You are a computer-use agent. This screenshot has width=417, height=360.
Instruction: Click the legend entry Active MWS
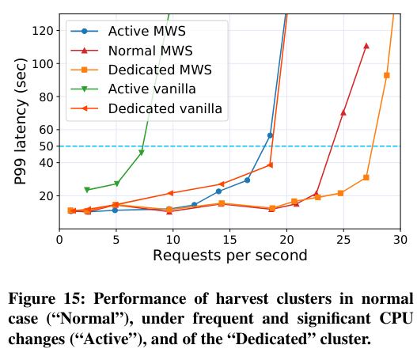tap(147, 31)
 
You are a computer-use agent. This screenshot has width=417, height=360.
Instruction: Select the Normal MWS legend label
tap(150, 51)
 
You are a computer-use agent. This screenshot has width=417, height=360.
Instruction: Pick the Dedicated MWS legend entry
tap(160, 70)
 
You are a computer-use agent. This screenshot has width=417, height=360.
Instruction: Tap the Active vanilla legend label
tap(152, 89)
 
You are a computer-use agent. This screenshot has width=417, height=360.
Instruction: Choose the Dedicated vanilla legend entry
tap(165, 108)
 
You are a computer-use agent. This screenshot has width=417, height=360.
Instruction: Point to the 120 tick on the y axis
tap(43, 31)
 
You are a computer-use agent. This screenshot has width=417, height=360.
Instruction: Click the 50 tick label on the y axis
tap(46, 146)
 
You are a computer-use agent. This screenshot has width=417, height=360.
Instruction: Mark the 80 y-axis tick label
tap(46, 97)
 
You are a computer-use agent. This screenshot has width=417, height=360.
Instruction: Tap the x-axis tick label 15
tap(229, 240)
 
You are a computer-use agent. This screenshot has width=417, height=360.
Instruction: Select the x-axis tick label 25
tap(343, 240)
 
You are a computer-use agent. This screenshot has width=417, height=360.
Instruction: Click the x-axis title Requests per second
tap(230, 256)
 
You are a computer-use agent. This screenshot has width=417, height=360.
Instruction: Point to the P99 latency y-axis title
tap(21, 121)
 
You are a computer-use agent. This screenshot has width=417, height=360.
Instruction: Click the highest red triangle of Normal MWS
tap(366, 46)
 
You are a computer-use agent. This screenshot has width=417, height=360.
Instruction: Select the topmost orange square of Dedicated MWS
tap(387, 75)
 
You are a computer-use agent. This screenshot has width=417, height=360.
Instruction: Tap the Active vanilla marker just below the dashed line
tap(142, 153)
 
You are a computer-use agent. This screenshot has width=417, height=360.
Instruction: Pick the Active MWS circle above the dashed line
tap(270, 135)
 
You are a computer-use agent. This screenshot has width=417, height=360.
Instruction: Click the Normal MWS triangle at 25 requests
tap(343, 112)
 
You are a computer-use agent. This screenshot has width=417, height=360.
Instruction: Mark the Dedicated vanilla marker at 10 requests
tap(170, 193)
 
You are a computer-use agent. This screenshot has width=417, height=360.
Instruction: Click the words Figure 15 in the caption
tap(46, 299)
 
